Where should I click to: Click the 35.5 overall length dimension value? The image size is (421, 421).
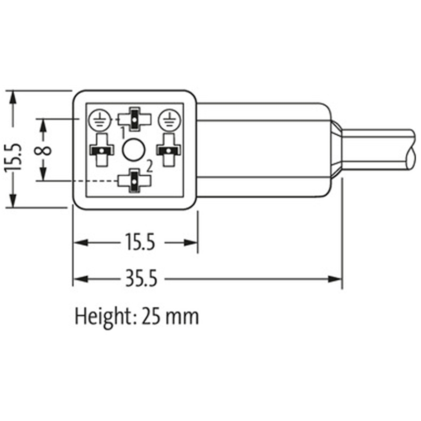click(x=142, y=278)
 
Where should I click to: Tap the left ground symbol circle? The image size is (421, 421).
click(x=98, y=121)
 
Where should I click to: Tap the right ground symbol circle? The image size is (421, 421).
click(x=168, y=121)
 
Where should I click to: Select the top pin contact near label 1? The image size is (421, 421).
click(x=135, y=119)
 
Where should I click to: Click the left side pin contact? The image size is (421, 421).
click(x=102, y=151)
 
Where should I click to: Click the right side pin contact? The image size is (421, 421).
click(x=168, y=151)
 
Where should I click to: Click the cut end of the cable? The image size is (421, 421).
click(x=412, y=149)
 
